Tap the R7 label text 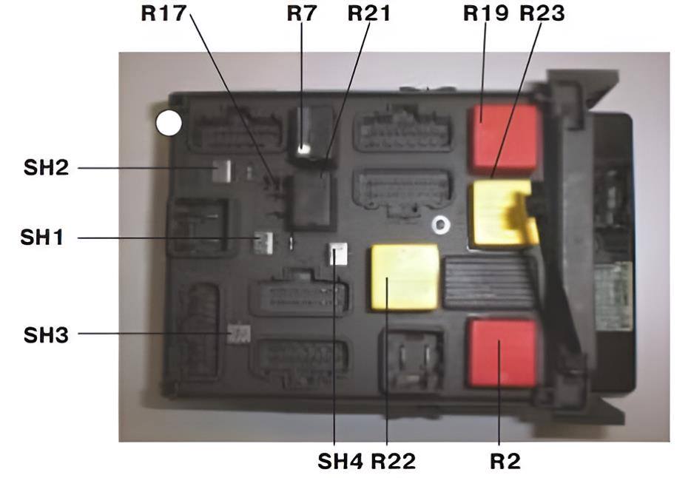pyautogui.click(x=302, y=13)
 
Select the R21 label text pyautogui.click(x=369, y=13)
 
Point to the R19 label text pyautogui.click(x=486, y=13)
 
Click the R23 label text pyautogui.click(x=542, y=13)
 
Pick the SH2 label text pyautogui.click(x=47, y=168)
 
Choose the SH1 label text pyautogui.click(x=42, y=238)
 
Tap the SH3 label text pyautogui.click(x=47, y=335)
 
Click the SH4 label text pyautogui.click(x=340, y=461)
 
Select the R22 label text pyautogui.click(x=393, y=461)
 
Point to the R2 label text pyautogui.click(x=505, y=461)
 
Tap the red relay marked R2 pyautogui.click(x=502, y=353)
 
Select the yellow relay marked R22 pyautogui.click(x=405, y=277)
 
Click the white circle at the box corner pyautogui.click(x=169, y=123)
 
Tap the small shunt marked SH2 pyautogui.click(x=222, y=172)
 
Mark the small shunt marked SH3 pyautogui.click(x=239, y=334)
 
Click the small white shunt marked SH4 pyautogui.click(x=338, y=255)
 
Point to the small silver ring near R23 pyautogui.click(x=441, y=225)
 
